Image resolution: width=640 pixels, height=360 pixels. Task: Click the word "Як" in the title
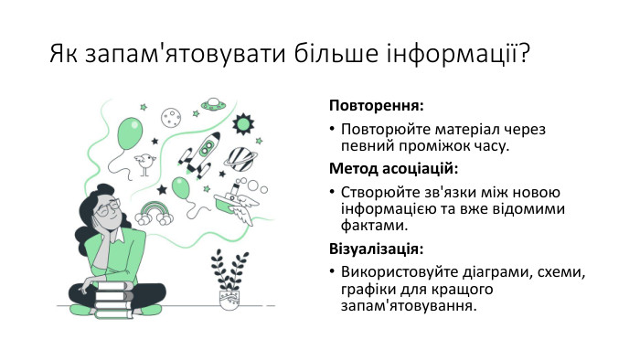pos(64,54)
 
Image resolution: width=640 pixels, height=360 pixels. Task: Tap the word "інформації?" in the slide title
pos(461,54)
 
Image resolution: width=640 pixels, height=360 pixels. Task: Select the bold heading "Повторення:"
pos(376,105)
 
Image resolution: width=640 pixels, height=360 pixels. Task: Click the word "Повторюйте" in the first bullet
pos(383,129)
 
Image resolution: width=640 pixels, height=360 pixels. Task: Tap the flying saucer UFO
pos(214,104)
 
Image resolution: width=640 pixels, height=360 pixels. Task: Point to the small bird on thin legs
pos(144,164)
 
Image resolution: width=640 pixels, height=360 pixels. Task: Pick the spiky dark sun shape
pos(243,122)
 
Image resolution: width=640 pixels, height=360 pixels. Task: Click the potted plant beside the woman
pos(229,281)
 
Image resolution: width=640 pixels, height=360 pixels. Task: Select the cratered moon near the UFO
pos(170,117)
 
